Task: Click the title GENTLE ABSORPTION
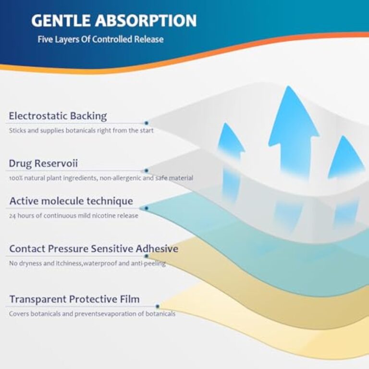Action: pos(114,21)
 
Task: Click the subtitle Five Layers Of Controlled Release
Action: pos(101,39)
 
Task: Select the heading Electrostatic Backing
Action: pos(58,116)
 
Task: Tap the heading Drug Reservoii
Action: pos(43,163)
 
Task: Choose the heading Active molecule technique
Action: pos(71,201)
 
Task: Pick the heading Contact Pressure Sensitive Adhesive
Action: pos(94,248)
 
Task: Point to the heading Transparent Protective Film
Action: pos(74,299)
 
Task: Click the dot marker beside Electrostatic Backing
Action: pos(147,123)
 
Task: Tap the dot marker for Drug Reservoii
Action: pos(147,171)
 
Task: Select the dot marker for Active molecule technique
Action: pos(147,208)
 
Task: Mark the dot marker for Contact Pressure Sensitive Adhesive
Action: pos(147,256)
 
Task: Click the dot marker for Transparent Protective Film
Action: pos(158,307)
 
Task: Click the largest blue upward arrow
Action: pos(294,132)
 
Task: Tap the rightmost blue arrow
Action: pos(344,158)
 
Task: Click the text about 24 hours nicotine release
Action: pos(74,216)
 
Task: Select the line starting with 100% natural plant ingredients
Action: pos(101,178)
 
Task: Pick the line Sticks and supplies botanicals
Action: pos(81,130)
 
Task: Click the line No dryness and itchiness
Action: pos(87,263)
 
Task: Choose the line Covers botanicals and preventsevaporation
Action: pos(92,314)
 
